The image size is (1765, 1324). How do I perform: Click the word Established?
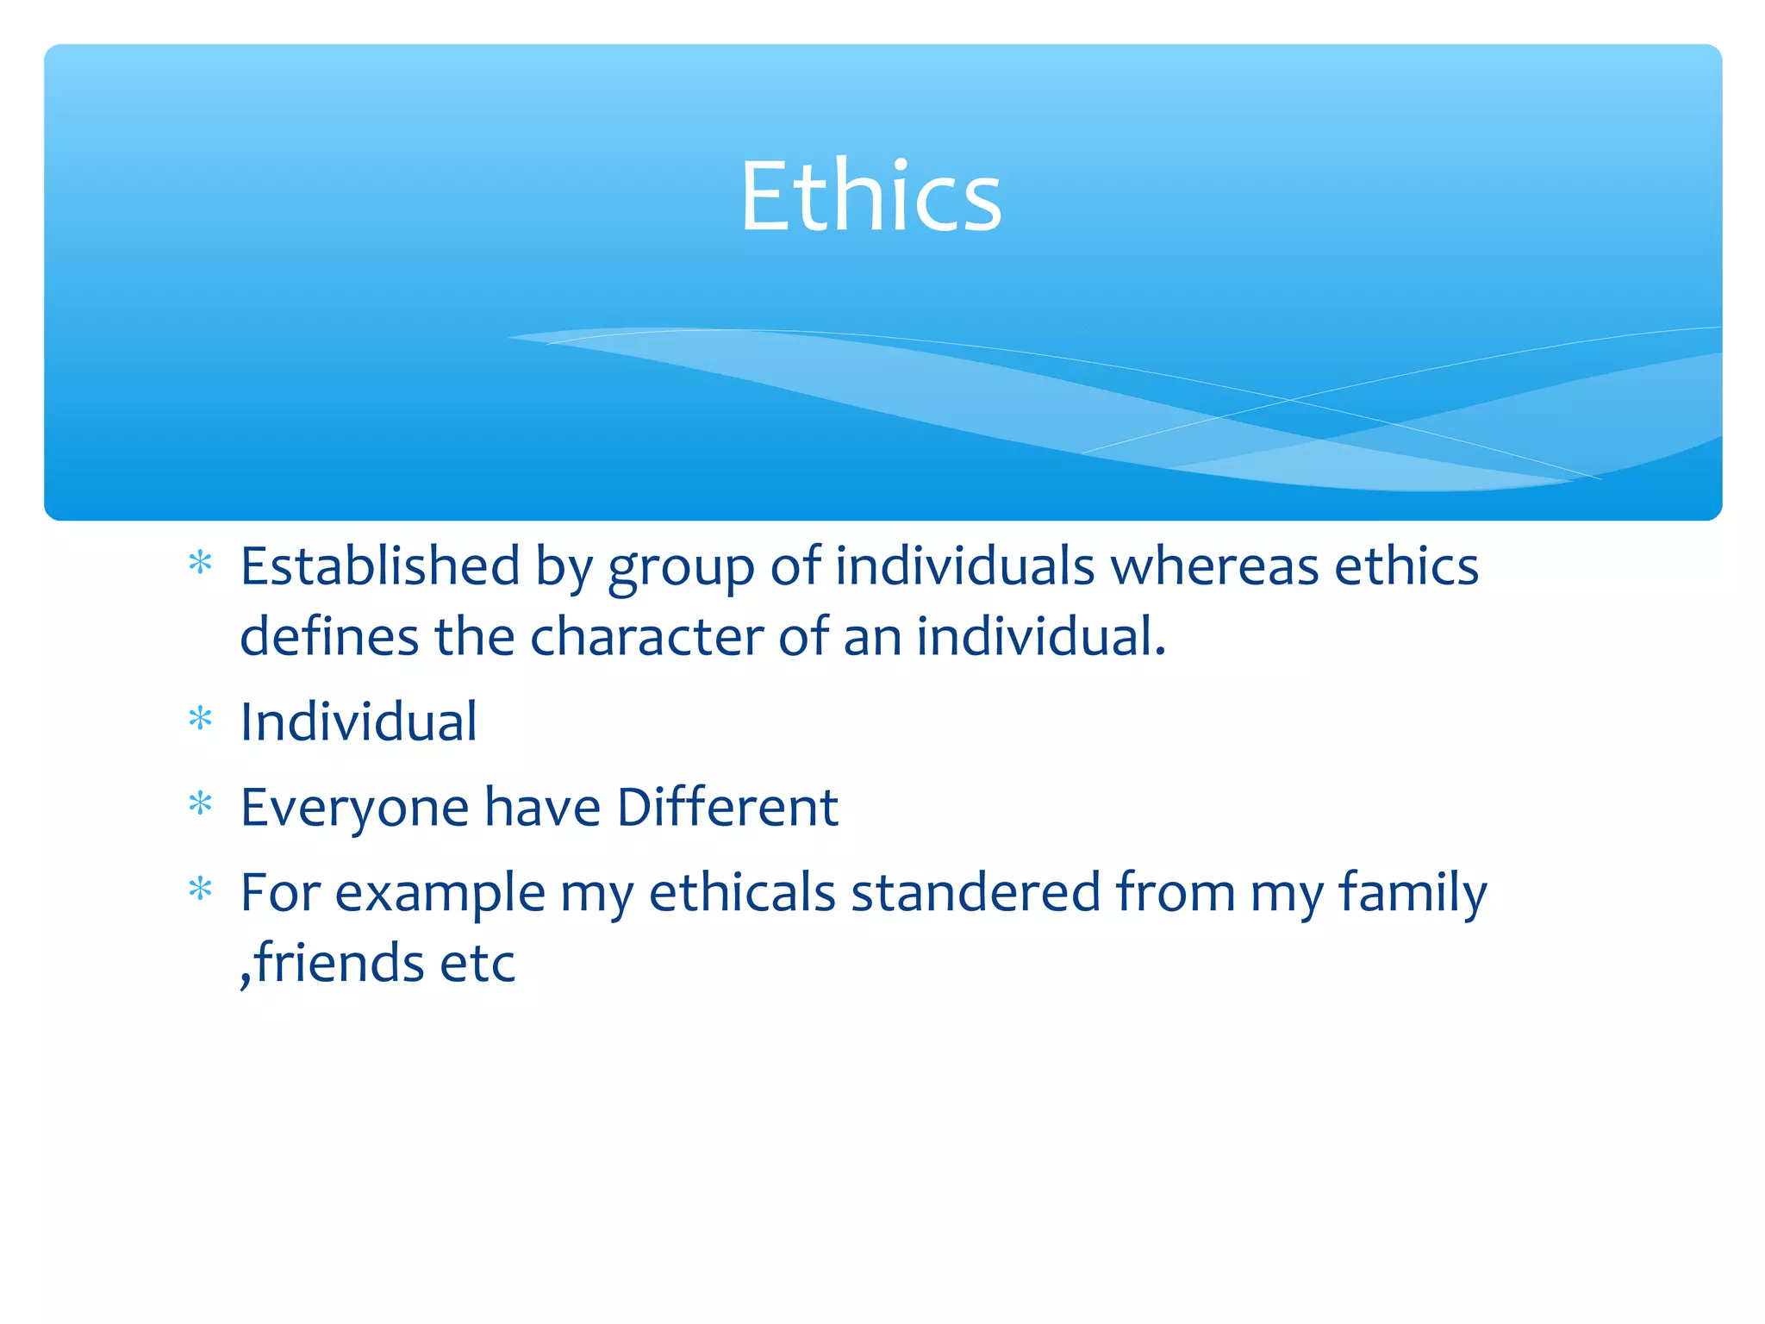pyautogui.click(x=380, y=566)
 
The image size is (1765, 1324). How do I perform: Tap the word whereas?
pyautogui.click(x=1214, y=566)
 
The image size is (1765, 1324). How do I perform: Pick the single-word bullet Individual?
pyautogui.click(x=359, y=721)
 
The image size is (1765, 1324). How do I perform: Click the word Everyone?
pyautogui.click(x=354, y=808)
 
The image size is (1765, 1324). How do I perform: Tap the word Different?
pyautogui.click(x=727, y=808)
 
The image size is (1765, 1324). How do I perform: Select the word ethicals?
pyautogui.click(x=742, y=892)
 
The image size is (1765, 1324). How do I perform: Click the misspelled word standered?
pyautogui.click(x=976, y=892)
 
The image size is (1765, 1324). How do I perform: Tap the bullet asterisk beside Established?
pyautogui.click(x=201, y=564)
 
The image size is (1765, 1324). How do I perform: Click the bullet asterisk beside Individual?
pyautogui.click(x=201, y=719)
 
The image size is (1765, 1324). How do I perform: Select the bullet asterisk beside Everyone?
pyautogui.click(x=201, y=804)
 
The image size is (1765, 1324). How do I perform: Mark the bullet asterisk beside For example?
pyautogui.click(x=201, y=889)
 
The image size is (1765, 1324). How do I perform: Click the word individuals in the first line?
pyautogui.click(x=964, y=566)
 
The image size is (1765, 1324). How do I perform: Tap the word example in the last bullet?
pyautogui.click(x=440, y=894)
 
